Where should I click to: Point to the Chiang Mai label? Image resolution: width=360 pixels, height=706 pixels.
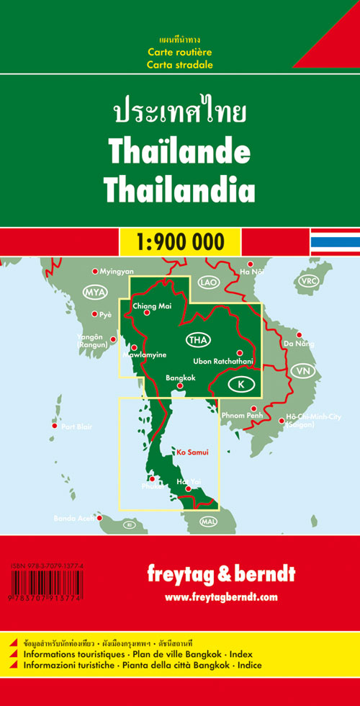click(150, 305)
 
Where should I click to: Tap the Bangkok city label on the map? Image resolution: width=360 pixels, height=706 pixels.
click(181, 378)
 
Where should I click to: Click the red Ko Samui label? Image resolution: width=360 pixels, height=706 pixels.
click(190, 452)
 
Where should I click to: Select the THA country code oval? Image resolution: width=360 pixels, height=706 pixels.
click(197, 340)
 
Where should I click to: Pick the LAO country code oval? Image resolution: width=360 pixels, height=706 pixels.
click(209, 282)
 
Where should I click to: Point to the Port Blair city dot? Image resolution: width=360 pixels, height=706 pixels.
click(54, 426)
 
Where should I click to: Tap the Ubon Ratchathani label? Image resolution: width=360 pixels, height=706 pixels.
click(224, 361)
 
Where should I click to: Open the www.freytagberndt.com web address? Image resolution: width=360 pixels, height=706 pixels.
click(220, 597)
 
